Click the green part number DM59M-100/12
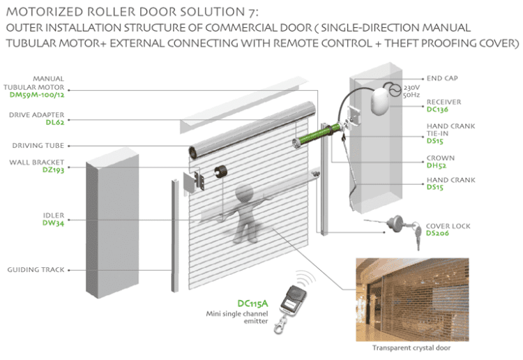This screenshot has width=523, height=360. point(37,95)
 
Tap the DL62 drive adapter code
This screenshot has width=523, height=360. point(55,123)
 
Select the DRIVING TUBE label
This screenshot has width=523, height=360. point(38,146)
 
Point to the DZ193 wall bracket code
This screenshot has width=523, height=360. point(54,170)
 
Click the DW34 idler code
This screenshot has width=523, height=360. point(54,223)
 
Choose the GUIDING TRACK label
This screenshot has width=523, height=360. point(36,269)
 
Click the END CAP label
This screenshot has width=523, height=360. point(442,78)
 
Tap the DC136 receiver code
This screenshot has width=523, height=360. point(437,110)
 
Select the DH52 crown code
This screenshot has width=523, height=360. point(437,165)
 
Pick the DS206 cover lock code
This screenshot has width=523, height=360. point(437,233)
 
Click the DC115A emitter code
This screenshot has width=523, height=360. point(252,303)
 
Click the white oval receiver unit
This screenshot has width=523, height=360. point(380,101)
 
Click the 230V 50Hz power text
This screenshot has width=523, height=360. point(411,91)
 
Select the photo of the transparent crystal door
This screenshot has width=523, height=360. point(412,299)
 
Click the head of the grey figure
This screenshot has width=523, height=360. point(245,194)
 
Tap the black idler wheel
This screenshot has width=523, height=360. point(220,172)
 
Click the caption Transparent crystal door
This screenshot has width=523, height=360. point(411,348)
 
